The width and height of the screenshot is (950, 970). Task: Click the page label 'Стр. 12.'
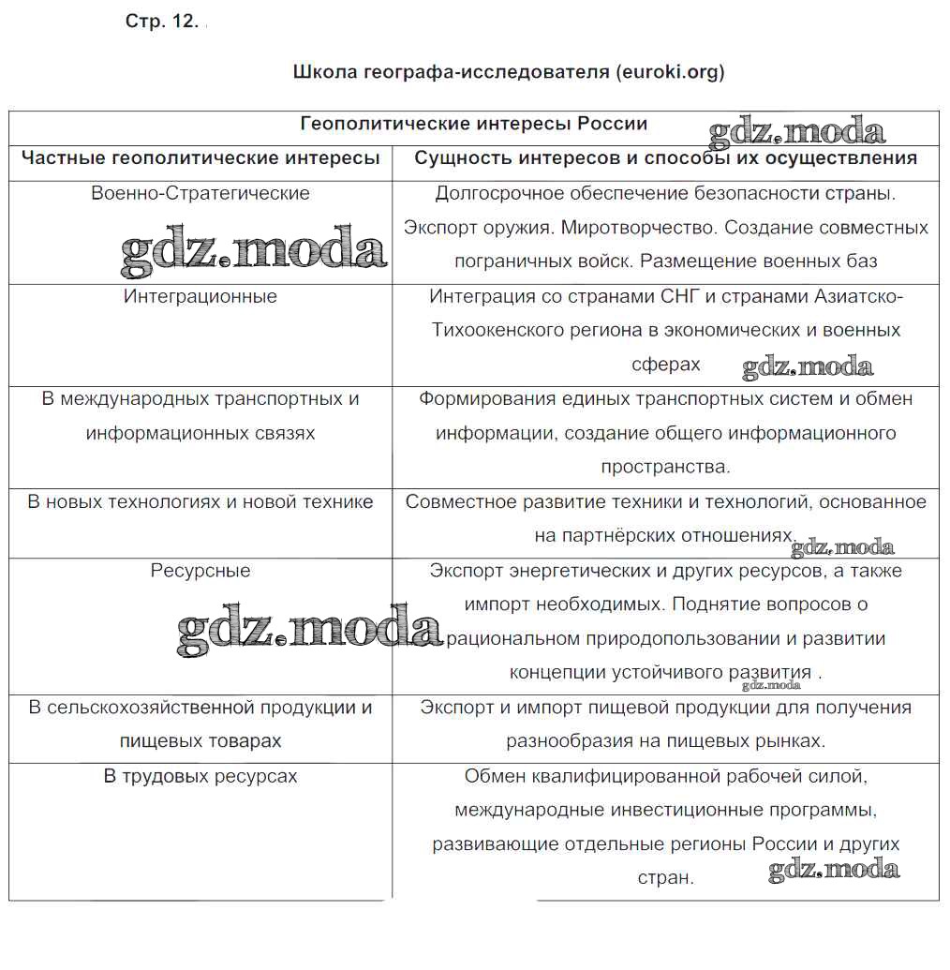(x=161, y=23)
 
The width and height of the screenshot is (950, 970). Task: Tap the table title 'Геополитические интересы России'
(x=473, y=125)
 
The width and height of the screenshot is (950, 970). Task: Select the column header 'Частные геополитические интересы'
(x=200, y=158)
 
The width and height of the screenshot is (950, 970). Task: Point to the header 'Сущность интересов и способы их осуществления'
(x=665, y=158)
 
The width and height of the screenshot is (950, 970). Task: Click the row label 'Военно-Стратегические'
(x=200, y=193)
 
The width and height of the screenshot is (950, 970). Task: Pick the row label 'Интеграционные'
(x=200, y=296)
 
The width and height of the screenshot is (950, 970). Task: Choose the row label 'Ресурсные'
(x=200, y=571)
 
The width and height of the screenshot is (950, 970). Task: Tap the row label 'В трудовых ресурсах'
(x=200, y=776)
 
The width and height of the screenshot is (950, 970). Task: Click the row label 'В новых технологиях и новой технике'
(x=200, y=502)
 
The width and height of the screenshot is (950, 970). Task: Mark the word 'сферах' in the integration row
(x=666, y=365)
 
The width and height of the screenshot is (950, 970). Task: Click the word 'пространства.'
(x=665, y=467)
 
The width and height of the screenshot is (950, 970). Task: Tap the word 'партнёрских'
(x=618, y=536)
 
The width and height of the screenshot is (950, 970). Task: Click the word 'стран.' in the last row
(x=665, y=879)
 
